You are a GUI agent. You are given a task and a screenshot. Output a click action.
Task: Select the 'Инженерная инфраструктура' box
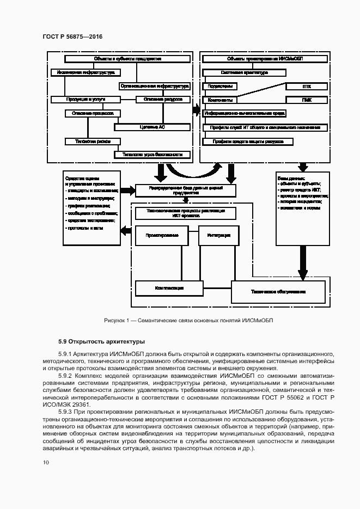[86, 72]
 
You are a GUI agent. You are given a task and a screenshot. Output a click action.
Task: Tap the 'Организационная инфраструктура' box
[154, 86]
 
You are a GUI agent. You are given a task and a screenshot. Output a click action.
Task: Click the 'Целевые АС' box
[152, 127]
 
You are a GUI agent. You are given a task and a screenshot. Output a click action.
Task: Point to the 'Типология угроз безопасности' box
[152, 155]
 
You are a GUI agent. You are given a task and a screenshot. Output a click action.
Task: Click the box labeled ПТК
[306, 87]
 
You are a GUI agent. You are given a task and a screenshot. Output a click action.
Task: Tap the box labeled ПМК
[306, 100]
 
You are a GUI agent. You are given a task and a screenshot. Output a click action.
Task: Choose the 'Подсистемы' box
[219, 87]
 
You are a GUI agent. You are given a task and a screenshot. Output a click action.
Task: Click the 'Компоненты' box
[219, 100]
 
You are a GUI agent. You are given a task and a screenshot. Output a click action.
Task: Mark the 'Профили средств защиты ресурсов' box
[248, 142]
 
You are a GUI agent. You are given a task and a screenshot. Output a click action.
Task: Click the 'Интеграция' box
[215, 236]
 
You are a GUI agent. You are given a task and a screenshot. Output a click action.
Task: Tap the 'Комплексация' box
[169, 287]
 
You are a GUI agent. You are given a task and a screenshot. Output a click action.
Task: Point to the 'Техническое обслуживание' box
[278, 291]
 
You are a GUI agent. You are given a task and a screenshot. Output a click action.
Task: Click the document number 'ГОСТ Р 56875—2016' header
[72, 36]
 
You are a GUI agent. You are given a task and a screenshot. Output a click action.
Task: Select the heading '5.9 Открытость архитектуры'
[101, 342]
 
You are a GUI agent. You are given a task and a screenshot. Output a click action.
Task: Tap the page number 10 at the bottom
[46, 462]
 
